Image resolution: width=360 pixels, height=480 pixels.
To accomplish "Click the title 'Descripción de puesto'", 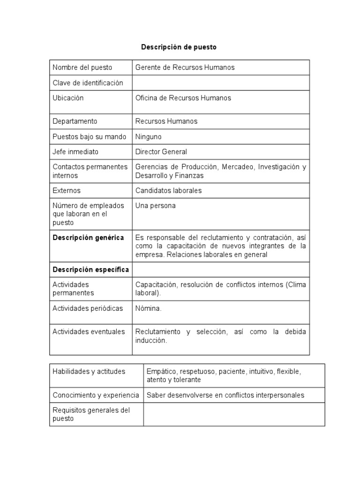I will pyautogui.click(x=179, y=47).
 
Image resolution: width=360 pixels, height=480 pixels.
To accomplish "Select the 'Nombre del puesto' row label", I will pyautogui.click(x=82, y=67).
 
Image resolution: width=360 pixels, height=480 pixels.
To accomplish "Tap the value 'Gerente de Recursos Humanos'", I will pyautogui.click(x=185, y=67).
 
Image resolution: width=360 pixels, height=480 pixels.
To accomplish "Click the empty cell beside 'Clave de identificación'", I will pyautogui.click(x=220, y=83).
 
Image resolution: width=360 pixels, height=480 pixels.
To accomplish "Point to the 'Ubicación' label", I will pyautogui.click(x=68, y=98).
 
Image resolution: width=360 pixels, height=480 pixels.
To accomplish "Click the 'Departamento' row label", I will pyautogui.click(x=75, y=121).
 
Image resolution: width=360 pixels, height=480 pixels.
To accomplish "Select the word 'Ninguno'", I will pyautogui.click(x=148, y=137).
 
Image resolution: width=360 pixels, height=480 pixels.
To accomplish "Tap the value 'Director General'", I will pyautogui.click(x=161, y=152).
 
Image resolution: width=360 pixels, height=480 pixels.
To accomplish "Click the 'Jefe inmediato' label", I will pyautogui.click(x=76, y=152).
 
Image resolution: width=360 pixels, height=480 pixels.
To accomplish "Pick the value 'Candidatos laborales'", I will pyautogui.click(x=168, y=191).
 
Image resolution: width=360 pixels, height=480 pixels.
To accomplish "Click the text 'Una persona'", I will pyautogui.click(x=155, y=206).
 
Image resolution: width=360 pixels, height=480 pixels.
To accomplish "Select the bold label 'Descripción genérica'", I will pyautogui.click(x=88, y=238).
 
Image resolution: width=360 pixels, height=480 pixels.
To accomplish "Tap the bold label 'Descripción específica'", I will pyautogui.click(x=90, y=270).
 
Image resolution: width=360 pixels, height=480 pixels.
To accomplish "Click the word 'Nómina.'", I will pyautogui.click(x=148, y=308).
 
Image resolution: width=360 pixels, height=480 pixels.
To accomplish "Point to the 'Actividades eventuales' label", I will pyautogui.click(x=89, y=331).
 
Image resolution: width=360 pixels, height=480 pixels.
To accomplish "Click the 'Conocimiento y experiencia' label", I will pyautogui.click(x=96, y=395).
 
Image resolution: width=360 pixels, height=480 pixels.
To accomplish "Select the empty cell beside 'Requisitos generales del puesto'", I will pyautogui.click(x=233, y=414).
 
